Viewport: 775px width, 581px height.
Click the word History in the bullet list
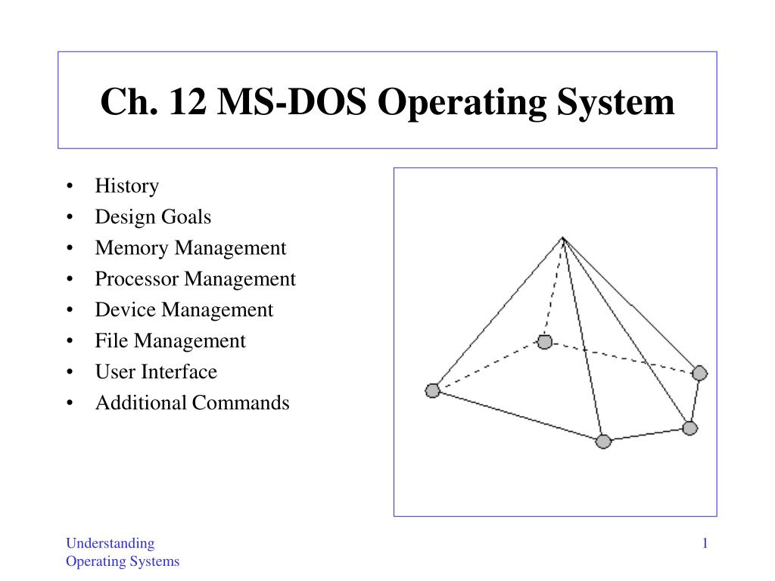(127, 187)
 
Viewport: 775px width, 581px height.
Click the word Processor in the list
(137, 278)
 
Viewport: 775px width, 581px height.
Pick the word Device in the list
(126, 309)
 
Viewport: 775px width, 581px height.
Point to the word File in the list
(111, 341)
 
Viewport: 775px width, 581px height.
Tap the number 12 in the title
(188, 101)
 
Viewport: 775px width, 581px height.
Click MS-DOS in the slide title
(291, 101)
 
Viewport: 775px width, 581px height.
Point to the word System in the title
(615, 103)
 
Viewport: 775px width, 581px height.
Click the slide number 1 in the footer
(705, 543)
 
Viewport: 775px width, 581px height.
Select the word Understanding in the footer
(110, 543)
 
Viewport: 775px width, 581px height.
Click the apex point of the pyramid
(563, 238)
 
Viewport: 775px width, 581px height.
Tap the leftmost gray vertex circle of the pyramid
(432, 391)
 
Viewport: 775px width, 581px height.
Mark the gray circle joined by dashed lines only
(545, 341)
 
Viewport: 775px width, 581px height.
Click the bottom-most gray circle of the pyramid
(603, 441)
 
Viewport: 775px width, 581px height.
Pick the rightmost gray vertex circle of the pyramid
(700, 373)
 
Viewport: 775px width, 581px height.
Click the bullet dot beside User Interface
(70, 372)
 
